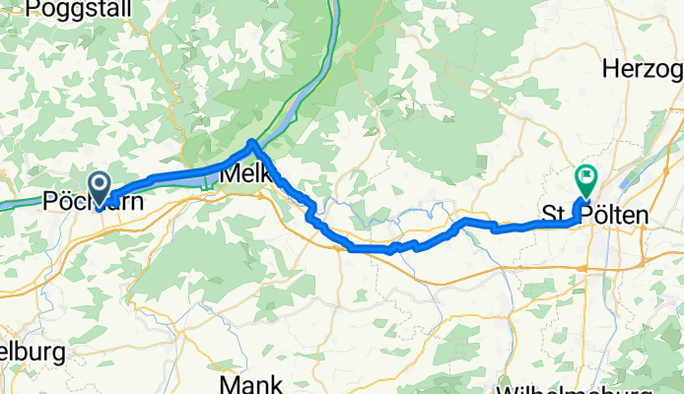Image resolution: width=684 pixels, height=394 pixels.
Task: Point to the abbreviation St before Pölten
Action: click(x=554, y=215)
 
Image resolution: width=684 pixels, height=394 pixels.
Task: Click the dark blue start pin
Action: click(x=100, y=183)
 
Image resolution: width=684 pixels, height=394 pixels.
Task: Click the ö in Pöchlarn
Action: click(x=63, y=201)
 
